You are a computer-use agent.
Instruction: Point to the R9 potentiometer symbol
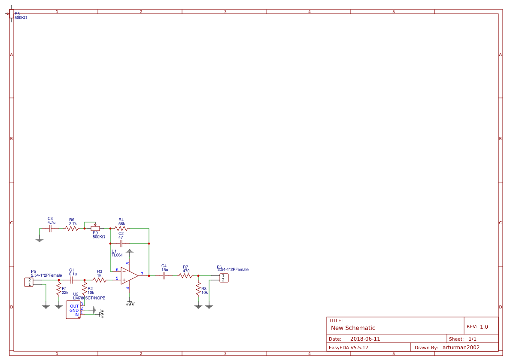click(x=95, y=229)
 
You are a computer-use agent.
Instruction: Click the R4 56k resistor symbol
click(x=121, y=229)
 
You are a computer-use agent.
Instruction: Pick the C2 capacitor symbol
click(x=121, y=244)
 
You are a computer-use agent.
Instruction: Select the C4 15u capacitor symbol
click(x=164, y=276)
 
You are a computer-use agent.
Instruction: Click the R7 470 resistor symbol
click(x=186, y=276)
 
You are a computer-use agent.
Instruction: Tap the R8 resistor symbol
click(x=198, y=289)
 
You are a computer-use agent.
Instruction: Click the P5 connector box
click(x=29, y=282)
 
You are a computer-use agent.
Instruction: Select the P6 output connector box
click(x=224, y=278)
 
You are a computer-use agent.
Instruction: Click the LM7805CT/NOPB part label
click(x=89, y=298)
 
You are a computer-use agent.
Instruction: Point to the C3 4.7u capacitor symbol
click(x=50, y=229)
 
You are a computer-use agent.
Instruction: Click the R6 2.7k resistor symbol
click(x=72, y=229)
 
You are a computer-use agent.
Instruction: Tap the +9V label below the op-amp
click(x=130, y=304)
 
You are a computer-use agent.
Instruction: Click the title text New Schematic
click(x=353, y=328)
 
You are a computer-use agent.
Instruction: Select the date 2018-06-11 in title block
click(x=365, y=339)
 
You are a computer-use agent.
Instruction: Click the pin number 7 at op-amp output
click(x=142, y=274)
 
